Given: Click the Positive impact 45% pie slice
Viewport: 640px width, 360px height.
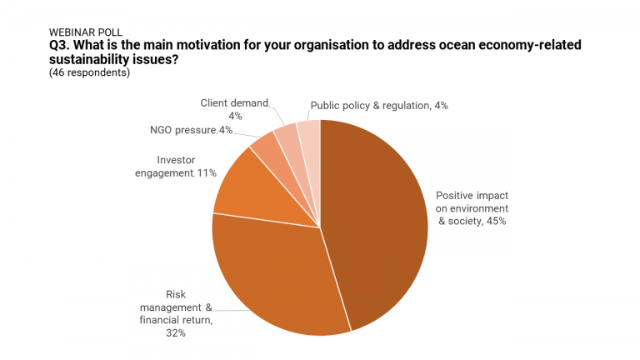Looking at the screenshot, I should click(375, 225).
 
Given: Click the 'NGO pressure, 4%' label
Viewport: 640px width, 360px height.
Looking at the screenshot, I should click(179, 130).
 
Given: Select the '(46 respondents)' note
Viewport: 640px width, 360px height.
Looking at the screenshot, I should click(90, 72).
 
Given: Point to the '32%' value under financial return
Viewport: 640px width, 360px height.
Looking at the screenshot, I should click(175, 333).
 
